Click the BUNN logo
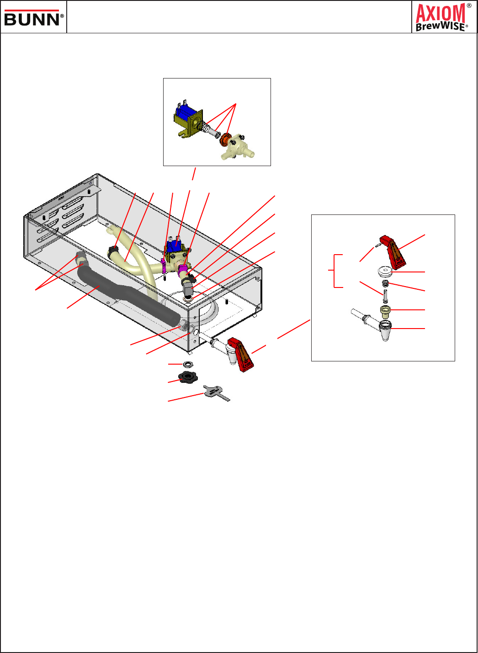pyautogui.click(x=33, y=18)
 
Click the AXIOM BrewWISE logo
pyautogui.click(x=443, y=17)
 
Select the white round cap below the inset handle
pyautogui.click(x=385, y=271)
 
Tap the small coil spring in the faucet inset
pyautogui.click(x=385, y=283)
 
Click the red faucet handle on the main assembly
pyautogui.click(x=241, y=355)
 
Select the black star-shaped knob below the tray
pyautogui.click(x=188, y=377)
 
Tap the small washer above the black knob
pyautogui.click(x=187, y=364)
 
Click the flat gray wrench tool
pyautogui.click(x=216, y=393)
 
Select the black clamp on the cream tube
pyautogui.click(x=113, y=251)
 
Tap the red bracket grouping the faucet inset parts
pyautogui.click(x=335, y=271)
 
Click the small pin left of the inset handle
pyautogui.click(x=377, y=246)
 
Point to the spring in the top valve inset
pyautogui.click(x=206, y=127)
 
